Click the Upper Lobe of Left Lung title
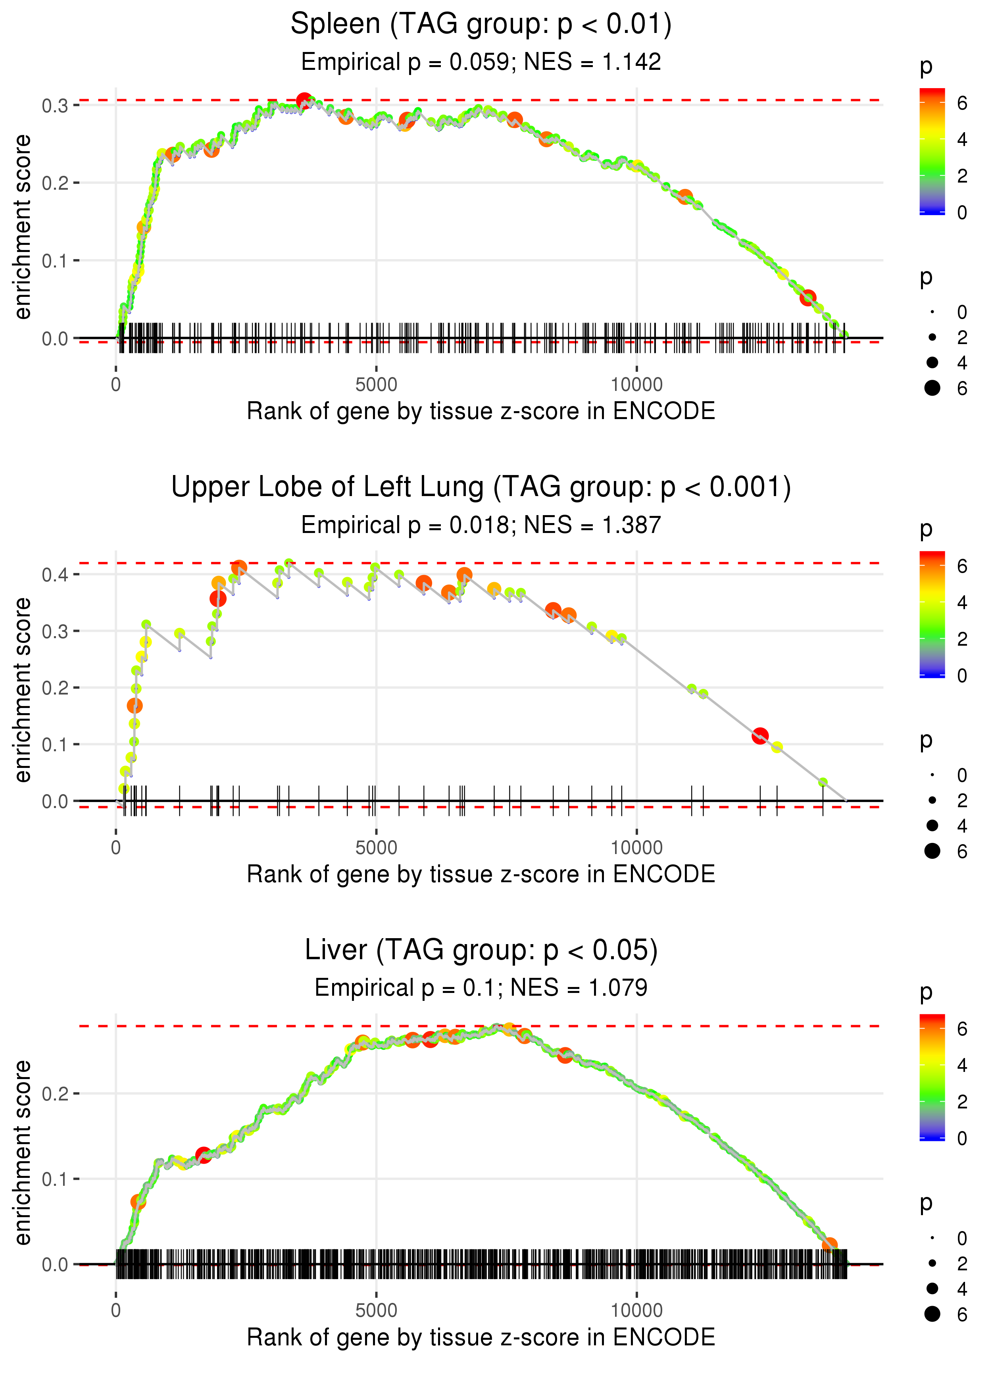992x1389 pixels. [x=481, y=487]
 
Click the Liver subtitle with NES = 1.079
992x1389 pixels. [x=481, y=988]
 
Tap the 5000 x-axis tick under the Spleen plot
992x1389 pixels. [x=376, y=385]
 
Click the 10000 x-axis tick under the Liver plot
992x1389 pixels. [x=636, y=1311]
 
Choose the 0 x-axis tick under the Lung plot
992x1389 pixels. [x=116, y=848]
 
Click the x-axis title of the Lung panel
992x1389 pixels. [x=481, y=875]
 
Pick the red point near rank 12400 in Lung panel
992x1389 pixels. [x=760, y=735]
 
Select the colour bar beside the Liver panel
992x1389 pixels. [x=932, y=1076]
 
